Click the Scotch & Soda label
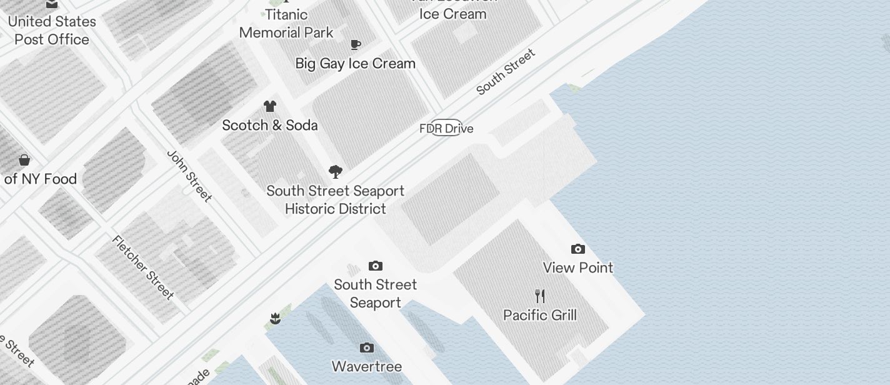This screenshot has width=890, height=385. click(x=270, y=125)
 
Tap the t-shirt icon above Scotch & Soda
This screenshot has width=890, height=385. click(x=270, y=106)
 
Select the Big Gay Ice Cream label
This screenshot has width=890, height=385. click(x=355, y=63)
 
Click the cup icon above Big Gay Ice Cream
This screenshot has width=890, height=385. click(x=356, y=44)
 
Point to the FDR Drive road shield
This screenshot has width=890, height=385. click(x=446, y=128)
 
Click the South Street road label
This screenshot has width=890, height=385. click(x=506, y=72)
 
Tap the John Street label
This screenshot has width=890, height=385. click(x=189, y=176)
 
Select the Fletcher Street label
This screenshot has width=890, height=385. click(x=143, y=267)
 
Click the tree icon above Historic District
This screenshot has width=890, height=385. click(x=336, y=172)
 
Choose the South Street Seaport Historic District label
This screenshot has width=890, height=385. click(x=336, y=199)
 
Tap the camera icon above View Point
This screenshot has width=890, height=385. click(x=578, y=249)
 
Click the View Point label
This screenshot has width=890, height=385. click(x=578, y=267)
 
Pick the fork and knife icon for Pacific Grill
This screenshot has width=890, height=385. click(x=540, y=296)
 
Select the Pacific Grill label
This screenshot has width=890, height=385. click(x=540, y=315)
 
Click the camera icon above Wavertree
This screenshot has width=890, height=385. click(x=367, y=347)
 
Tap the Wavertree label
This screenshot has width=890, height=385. click(x=367, y=366)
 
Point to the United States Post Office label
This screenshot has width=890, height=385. click(x=52, y=30)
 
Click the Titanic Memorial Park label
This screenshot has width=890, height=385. click(x=286, y=23)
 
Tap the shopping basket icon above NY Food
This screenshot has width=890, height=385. click(x=24, y=160)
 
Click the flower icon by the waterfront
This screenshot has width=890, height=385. click(x=275, y=319)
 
